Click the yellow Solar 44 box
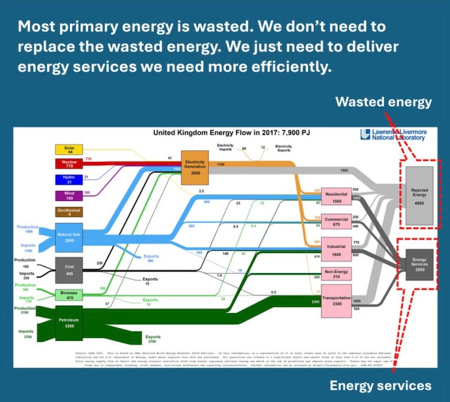tap(69, 149)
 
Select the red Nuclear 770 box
tap(69, 164)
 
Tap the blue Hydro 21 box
tap(69, 179)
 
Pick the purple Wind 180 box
tap(69, 195)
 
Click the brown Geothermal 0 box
tap(69, 211)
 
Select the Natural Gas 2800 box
tap(69, 237)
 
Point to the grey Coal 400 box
tap(69, 270)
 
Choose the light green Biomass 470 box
tap(69, 295)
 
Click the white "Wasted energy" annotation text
tap(384, 102)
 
